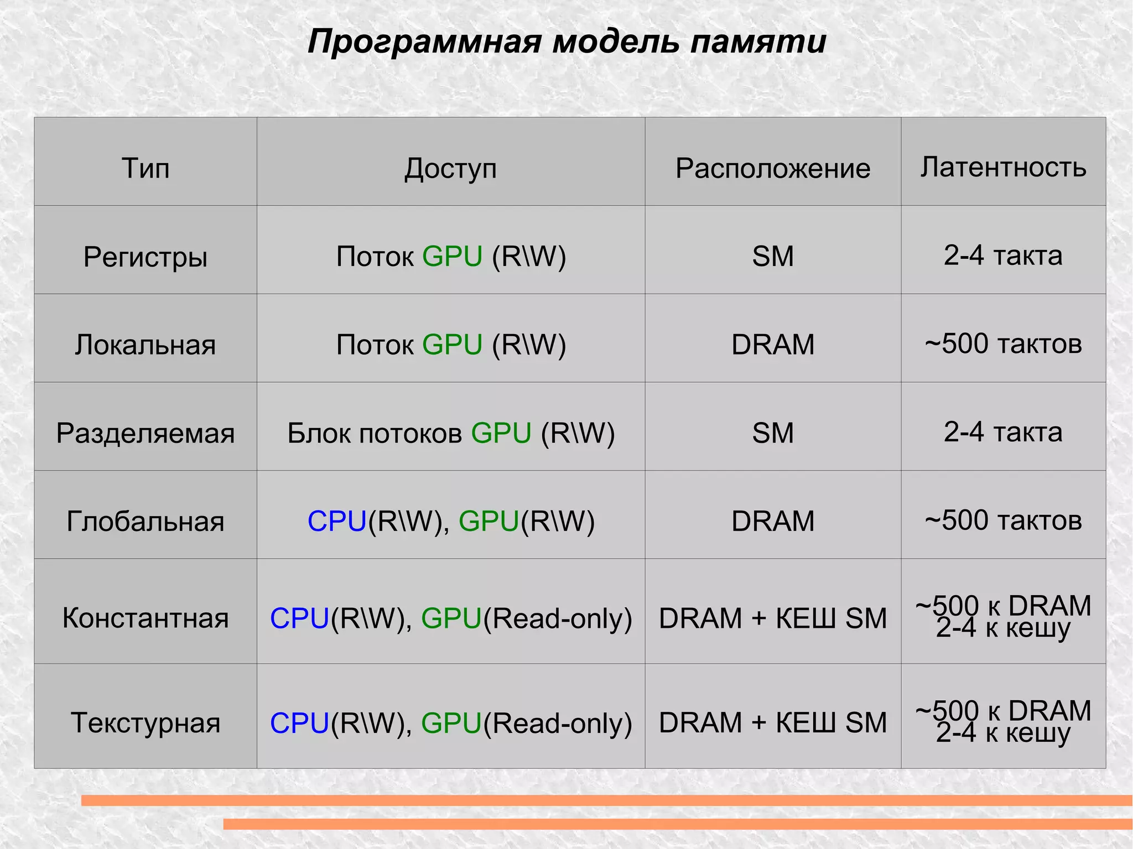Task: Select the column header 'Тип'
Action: point(145,168)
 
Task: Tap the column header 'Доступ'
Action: point(450,168)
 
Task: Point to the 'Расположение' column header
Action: point(773,168)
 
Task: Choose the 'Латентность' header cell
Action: point(1003,167)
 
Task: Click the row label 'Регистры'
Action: point(145,257)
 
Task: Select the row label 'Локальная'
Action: point(145,345)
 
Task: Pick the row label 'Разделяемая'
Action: point(145,433)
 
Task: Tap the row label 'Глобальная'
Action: point(145,522)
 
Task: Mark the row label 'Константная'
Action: point(145,618)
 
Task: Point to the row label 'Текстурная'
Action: point(145,723)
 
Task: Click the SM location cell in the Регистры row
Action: point(773,257)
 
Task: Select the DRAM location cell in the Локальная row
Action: point(773,345)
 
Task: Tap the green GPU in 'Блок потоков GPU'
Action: point(501,433)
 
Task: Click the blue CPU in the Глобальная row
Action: point(337,522)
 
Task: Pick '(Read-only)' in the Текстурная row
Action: point(558,723)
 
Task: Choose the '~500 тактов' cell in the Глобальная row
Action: point(1003,520)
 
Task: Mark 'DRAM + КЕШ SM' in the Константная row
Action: point(773,618)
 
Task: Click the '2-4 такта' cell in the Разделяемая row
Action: point(1003,432)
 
